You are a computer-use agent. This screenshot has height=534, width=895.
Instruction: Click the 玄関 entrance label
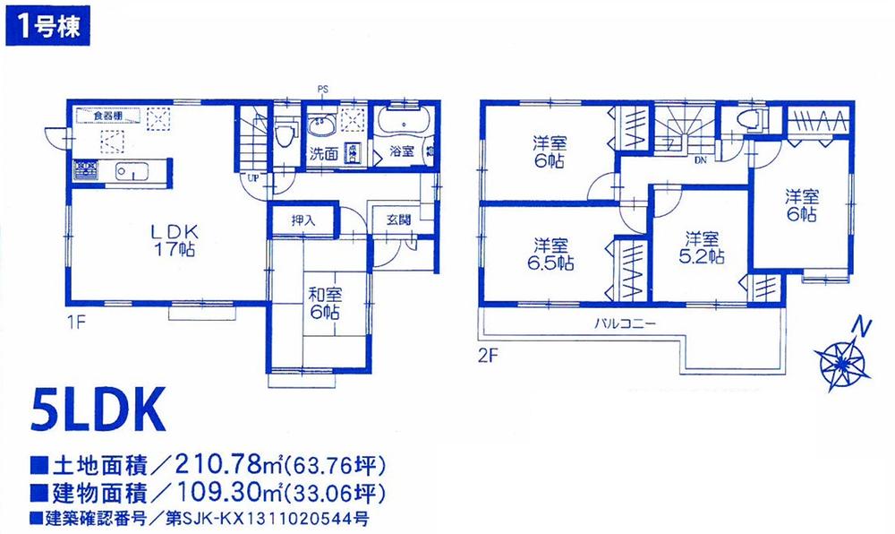point(398,219)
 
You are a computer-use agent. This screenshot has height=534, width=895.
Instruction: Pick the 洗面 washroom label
point(323,153)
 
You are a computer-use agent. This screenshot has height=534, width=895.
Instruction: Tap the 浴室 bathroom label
point(399,152)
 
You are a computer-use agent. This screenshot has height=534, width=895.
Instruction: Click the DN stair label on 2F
point(700,161)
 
